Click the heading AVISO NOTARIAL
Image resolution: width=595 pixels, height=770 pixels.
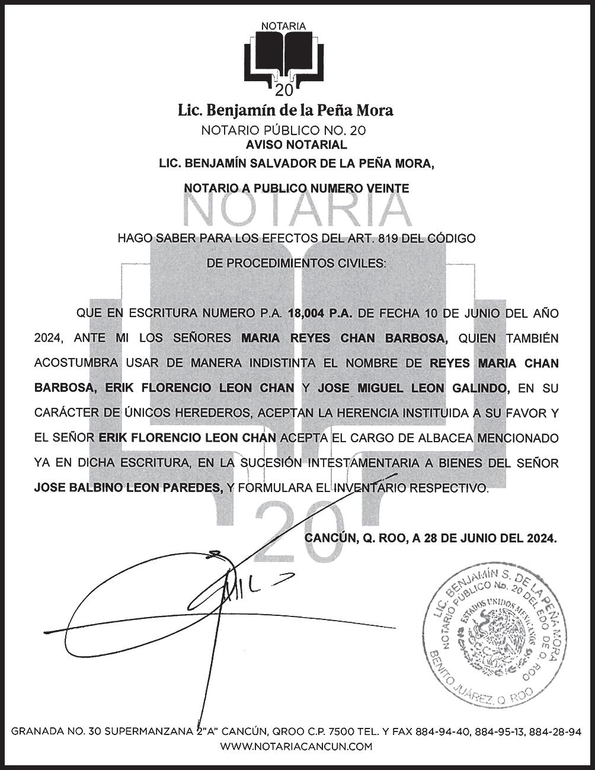(x=296, y=145)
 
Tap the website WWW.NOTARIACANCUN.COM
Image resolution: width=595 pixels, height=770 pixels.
(x=296, y=746)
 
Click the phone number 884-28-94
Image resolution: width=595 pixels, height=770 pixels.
(x=556, y=732)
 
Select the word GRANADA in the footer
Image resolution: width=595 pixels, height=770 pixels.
(x=36, y=732)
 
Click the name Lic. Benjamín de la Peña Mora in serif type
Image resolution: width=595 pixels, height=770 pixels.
(x=286, y=110)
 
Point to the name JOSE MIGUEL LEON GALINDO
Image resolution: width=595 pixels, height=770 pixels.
(x=413, y=388)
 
